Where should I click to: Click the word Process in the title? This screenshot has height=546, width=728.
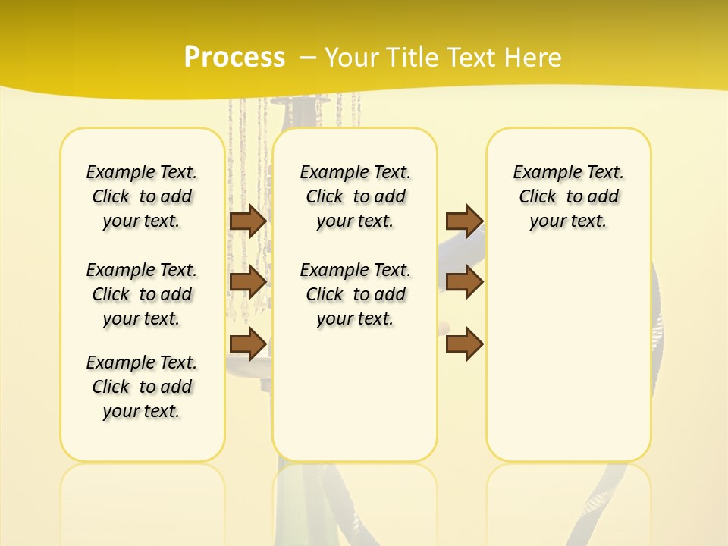[x=234, y=57]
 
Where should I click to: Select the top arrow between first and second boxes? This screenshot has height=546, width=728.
[x=247, y=221]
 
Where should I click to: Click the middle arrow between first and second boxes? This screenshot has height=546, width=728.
[x=247, y=282]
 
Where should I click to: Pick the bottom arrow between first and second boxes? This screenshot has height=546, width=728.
[x=247, y=344]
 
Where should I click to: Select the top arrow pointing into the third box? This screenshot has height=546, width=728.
[x=464, y=221]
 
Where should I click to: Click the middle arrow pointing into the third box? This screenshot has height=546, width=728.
[x=464, y=282]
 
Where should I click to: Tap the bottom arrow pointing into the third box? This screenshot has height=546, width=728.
[x=464, y=344]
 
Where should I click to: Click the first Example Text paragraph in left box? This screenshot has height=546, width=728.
[x=142, y=196]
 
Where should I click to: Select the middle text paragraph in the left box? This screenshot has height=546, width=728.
[x=142, y=294]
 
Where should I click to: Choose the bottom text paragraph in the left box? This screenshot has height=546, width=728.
[x=142, y=387]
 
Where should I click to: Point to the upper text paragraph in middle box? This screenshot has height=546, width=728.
[x=356, y=196]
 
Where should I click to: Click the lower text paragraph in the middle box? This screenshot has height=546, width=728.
[x=356, y=294]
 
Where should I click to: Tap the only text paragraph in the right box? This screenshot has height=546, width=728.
[x=569, y=196]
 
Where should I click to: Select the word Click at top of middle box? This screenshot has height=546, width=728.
[x=325, y=197]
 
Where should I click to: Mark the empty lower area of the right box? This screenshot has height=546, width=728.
[x=569, y=356]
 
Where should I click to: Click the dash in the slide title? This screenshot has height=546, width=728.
[x=308, y=57]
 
